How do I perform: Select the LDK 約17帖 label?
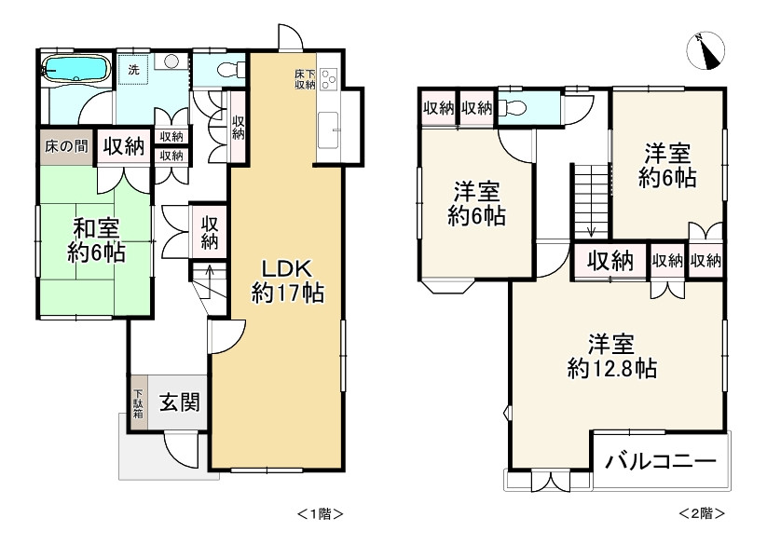(287, 279)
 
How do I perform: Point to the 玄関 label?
(177, 403)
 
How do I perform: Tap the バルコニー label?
(660, 461)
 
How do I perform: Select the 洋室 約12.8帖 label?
(611, 356)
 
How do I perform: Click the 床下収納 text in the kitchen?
(305, 78)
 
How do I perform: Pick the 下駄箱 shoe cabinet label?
(138, 405)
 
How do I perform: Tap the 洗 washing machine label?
(133, 69)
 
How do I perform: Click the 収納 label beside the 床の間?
(123, 146)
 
